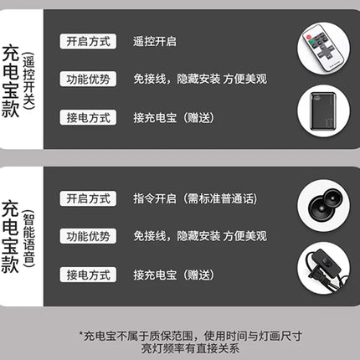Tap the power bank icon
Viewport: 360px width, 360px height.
pyautogui.click(x=323, y=111)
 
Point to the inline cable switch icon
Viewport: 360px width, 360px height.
pyautogui.click(x=323, y=268)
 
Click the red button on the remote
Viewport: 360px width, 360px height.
pyautogui.click(x=309, y=37)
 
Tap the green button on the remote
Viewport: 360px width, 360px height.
pyautogui.click(x=312, y=43)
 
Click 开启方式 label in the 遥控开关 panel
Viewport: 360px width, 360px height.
pyautogui.click(x=88, y=42)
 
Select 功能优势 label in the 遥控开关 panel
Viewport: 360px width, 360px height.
pyautogui.click(x=88, y=79)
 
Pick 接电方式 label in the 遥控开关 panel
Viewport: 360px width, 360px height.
pyautogui.click(x=88, y=117)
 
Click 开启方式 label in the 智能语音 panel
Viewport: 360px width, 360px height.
pyautogui.click(x=88, y=198)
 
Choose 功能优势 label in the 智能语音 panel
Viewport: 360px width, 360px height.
pyautogui.click(x=88, y=236)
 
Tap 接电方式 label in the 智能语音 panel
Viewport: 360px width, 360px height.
pyautogui.click(x=88, y=275)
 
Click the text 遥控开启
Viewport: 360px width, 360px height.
pyautogui.click(x=155, y=42)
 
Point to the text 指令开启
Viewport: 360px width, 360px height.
pyautogui.click(x=155, y=198)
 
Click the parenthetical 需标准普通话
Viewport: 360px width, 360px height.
pyautogui.click(x=220, y=198)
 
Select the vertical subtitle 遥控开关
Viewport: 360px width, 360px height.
pyautogui.click(x=28, y=81)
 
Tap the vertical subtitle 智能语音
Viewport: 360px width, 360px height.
pyautogui.click(x=28, y=238)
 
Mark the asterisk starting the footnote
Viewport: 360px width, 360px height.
pyautogui.click(x=81, y=333)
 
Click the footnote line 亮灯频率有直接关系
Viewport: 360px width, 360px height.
pyautogui.click(x=190, y=348)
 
